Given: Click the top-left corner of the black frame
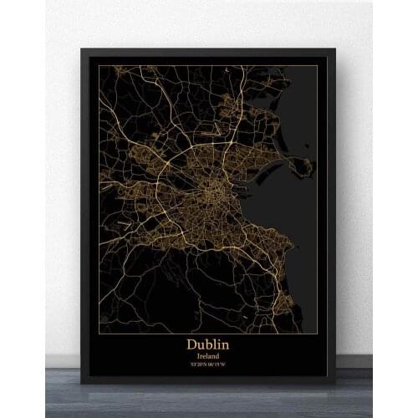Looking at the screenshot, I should (x=82, y=49).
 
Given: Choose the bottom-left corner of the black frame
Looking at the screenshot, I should (x=82, y=380).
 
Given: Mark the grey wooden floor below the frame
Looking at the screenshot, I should (x=209, y=401).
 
